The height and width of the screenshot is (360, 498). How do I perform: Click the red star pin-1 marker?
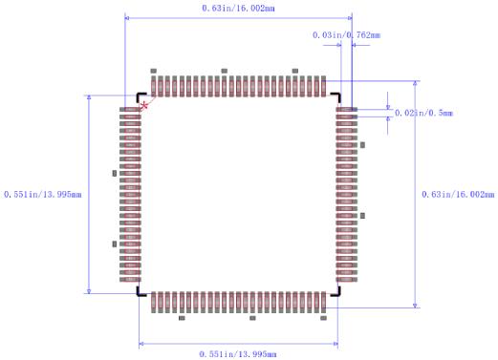coord(144,104)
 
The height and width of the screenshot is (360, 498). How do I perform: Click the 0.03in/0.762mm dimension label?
coord(346,35)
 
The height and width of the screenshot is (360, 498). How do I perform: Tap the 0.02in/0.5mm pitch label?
coord(423,113)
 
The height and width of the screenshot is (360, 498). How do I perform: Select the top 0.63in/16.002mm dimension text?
coord(239,8)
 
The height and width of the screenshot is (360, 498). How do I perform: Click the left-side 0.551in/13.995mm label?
coord(43,194)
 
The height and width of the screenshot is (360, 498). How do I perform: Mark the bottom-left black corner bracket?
coord(141,292)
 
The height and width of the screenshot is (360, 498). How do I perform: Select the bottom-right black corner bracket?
coord(336,292)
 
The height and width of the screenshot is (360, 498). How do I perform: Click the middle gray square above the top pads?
coord(224,71)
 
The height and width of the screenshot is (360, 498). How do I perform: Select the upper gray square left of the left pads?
coord(115,174)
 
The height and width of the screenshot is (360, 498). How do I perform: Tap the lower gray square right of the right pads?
coord(362,217)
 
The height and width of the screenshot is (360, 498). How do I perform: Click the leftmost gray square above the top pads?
coord(152,71)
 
